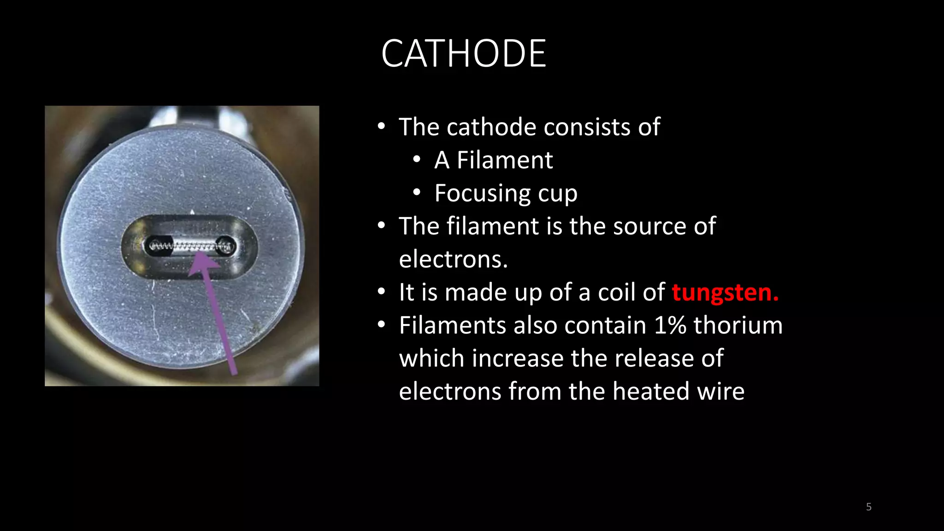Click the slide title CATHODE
(x=464, y=54)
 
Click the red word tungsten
(x=725, y=292)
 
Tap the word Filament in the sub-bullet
(x=504, y=160)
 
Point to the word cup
(x=558, y=194)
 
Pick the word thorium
(x=738, y=325)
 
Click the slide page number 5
(x=868, y=507)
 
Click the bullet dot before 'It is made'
(x=381, y=292)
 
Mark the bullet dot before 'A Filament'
(x=417, y=160)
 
